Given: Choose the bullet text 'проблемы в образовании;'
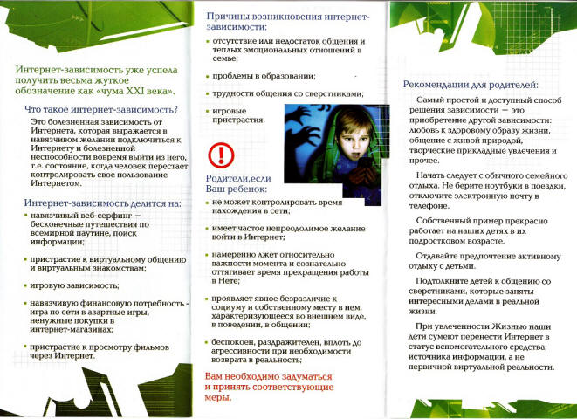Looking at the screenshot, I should pyautogui.click(x=264, y=76).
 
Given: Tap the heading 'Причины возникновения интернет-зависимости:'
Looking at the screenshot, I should pyautogui.click(x=287, y=22).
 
